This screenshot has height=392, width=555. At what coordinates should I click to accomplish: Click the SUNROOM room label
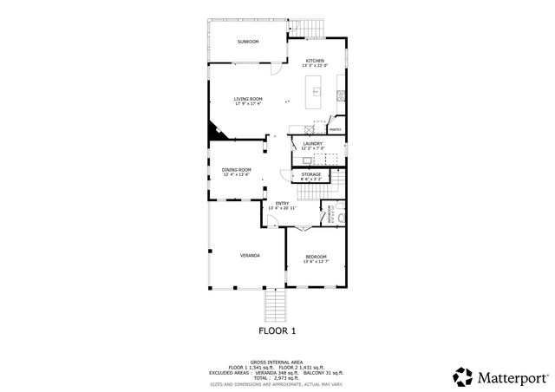click(x=249, y=42)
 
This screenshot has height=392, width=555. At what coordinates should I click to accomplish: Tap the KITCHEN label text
click(x=314, y=61)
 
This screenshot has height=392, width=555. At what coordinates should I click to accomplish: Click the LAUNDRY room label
click(x=312, y=143)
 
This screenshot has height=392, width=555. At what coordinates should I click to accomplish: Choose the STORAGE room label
click(x=311, y=174)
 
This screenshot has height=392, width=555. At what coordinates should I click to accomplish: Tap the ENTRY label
click(x=282, y=203)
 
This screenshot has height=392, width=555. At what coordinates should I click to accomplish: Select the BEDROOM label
click(x=316, y=257)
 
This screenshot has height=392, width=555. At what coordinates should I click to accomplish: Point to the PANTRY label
click(x=334, y=130)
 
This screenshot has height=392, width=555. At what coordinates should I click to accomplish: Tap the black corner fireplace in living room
click(x=212, y=132)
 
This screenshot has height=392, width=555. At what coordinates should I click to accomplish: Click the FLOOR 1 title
click(x=277, y=330)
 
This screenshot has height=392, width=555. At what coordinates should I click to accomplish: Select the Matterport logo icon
click(x=462, y=376)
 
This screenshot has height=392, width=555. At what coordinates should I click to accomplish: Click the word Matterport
click(x=513, y=377)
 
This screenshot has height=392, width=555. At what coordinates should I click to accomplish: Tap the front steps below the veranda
click(x=275, y=304)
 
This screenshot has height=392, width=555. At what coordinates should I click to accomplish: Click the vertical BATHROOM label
click(x=330, y=212)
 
